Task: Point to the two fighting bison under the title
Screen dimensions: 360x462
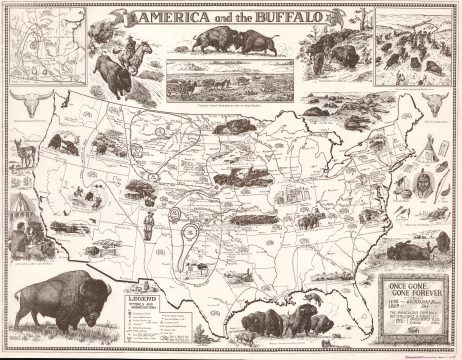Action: pos(231,40)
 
